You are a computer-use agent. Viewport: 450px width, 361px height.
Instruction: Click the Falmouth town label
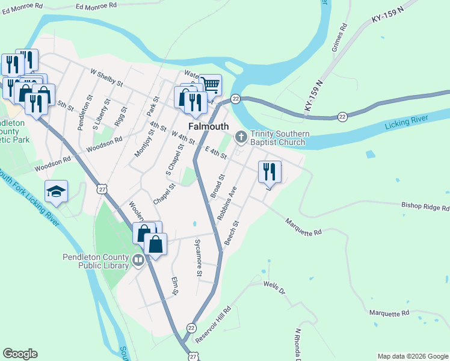(x=209, y=126)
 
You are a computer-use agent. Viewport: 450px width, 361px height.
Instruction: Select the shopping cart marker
(x=211, y=85)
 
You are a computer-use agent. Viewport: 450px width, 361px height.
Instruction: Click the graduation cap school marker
(x=57, y=191)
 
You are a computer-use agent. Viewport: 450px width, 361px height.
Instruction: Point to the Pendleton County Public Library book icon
(x=138, y=261)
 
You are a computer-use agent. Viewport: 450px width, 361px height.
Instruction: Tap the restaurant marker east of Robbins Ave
(x=270, y=172)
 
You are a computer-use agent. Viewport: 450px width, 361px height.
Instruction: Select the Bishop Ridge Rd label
(x=425, y=207)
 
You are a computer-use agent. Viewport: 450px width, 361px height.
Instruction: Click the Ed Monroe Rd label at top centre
(x=96, y=5)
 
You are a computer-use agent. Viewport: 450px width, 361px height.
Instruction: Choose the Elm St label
(x=175, y=285)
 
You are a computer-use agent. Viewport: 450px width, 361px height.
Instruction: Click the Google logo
(x=20, y=354)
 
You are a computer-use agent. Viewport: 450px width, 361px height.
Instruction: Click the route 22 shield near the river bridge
(x=235, y=99)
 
